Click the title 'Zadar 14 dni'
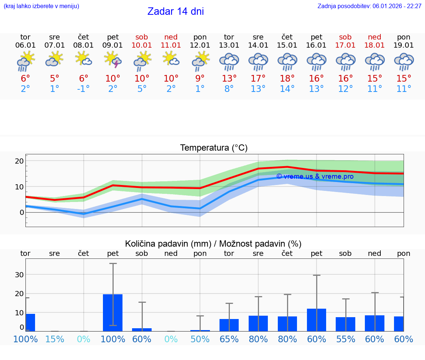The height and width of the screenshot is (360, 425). point(176,11)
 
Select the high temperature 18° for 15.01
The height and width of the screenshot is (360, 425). point(287,79)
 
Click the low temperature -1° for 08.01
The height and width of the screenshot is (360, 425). point(83,89)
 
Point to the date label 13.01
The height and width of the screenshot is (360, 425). point(229,45)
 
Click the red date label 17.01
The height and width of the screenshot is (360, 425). point(346,45)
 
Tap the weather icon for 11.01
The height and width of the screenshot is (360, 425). point(171,59)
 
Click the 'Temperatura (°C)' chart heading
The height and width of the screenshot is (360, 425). point(214,148)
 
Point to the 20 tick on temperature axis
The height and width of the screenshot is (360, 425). point(20,161)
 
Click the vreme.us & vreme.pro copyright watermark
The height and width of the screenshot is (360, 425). point(315,176)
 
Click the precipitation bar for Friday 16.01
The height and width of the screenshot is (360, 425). point(317,320)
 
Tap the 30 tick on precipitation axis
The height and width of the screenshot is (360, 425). point(19,275)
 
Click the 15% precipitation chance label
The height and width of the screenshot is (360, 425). point(55,339)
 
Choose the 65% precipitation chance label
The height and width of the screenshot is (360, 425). point(229,339)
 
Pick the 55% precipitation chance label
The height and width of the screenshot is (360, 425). point(346,339)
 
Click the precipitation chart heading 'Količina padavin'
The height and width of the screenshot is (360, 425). point(213,244)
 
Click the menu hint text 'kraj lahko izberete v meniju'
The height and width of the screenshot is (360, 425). point(41,6)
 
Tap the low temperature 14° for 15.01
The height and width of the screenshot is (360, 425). point(287,89)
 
